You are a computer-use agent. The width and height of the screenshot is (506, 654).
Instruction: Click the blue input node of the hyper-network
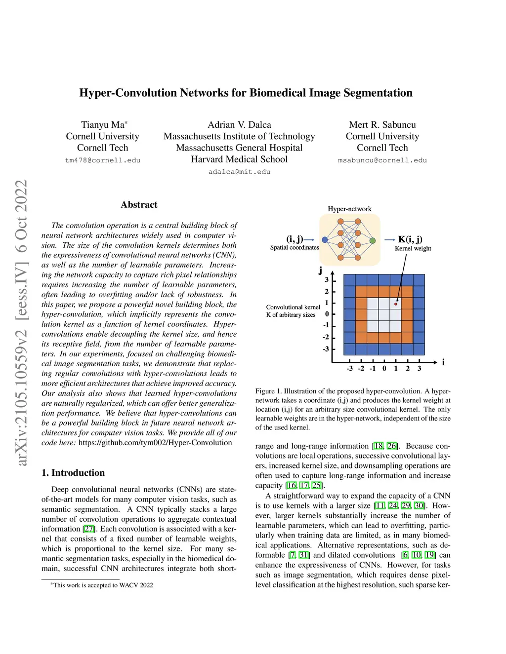(x=325, y=240)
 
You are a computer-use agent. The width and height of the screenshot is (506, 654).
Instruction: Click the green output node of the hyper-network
(x=373, y=240)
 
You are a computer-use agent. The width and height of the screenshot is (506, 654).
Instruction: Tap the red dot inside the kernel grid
(x=396, y=304)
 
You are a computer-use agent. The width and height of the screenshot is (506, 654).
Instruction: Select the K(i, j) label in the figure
(x=410, y=239)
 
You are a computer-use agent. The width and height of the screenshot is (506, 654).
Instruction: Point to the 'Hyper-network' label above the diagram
(x=349, y=209)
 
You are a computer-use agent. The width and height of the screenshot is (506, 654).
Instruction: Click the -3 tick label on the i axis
(x=350, y=368)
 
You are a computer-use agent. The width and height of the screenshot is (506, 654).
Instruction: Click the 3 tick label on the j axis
(x=327, y=280)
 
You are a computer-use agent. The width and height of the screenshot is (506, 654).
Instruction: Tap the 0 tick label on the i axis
(x=384, y=368)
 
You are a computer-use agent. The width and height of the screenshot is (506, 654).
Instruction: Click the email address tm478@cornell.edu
(x=103, y=160)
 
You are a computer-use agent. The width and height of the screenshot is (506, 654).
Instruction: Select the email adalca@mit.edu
(x=239, y=172)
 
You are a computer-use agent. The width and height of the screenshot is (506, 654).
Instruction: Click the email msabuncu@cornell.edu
(x=382, y=160)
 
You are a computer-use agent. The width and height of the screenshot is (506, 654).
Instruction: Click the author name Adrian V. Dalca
(x=239, y=125)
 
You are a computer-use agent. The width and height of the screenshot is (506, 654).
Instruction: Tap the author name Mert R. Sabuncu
(x=382, y=125)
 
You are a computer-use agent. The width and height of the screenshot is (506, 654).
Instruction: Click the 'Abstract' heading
(x=139, y=205)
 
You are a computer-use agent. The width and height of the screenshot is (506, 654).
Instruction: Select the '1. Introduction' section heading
(x=73, y=473)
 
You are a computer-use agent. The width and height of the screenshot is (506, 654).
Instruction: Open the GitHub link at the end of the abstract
(x=155, y=443)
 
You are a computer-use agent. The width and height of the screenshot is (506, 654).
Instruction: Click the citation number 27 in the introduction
(x=89, y=529)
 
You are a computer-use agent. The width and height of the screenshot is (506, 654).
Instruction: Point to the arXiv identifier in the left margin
(x=22, y=323)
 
